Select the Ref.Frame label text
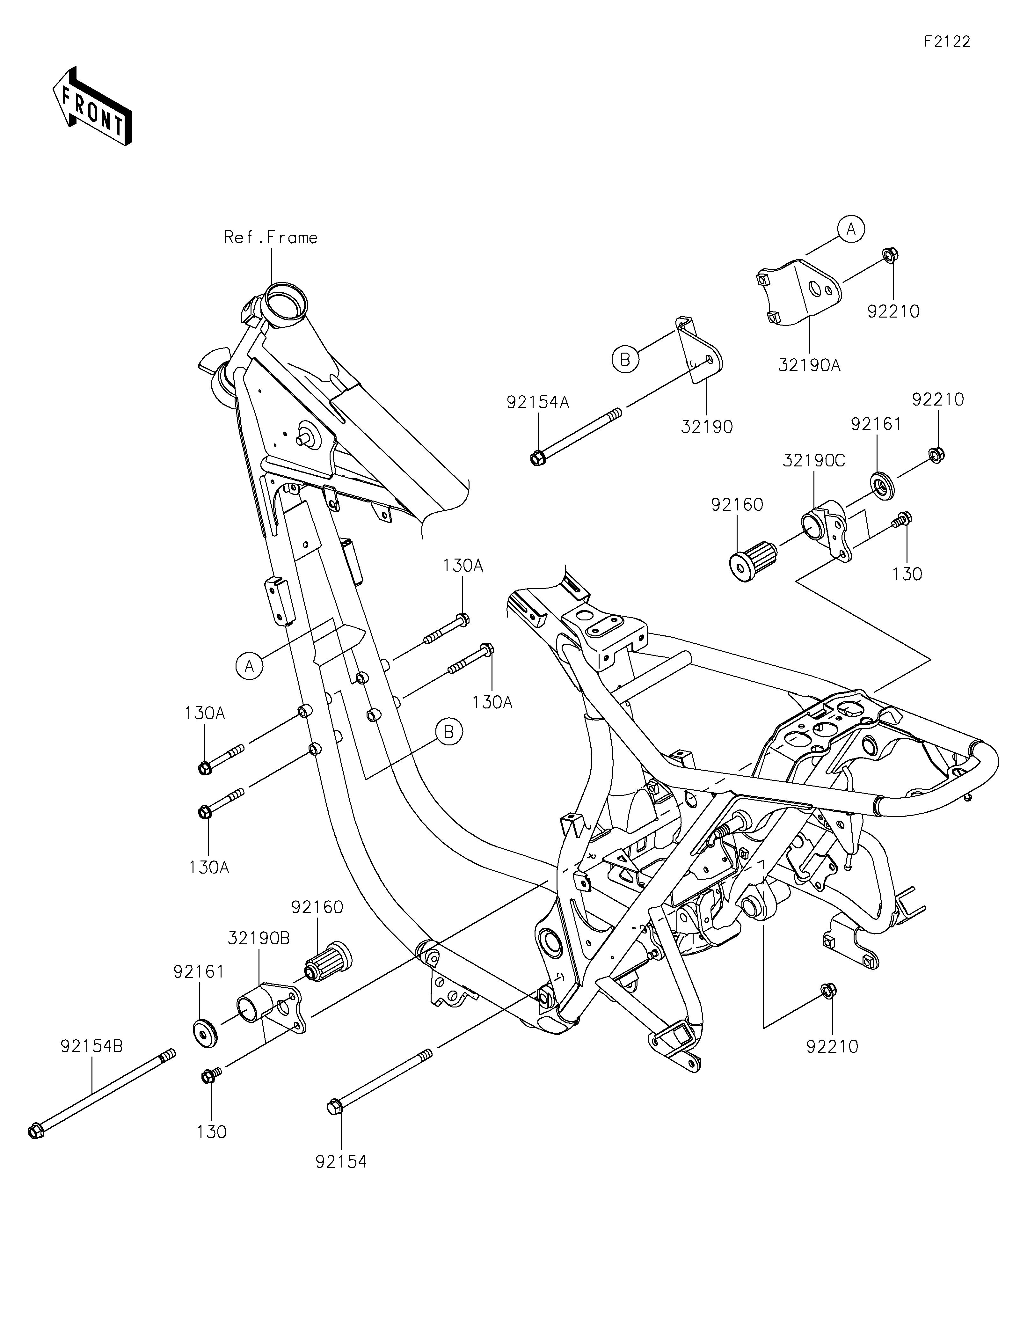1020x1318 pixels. [x=271, y=237]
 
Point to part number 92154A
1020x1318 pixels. [x=538, y=402]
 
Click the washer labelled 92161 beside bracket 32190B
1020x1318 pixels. [x=205, y=1033]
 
